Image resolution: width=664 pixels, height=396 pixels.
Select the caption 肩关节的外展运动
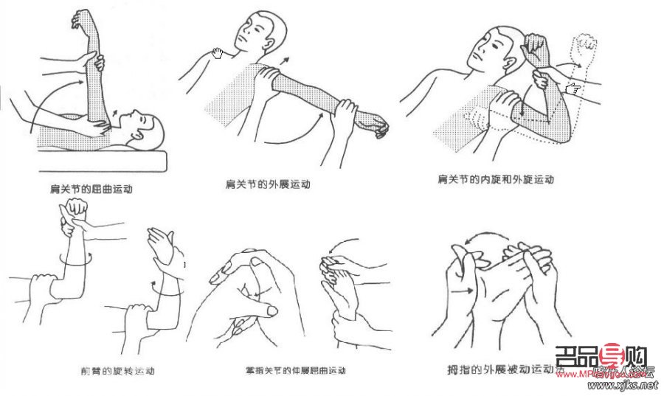pyautogui.click(x=267, y=184)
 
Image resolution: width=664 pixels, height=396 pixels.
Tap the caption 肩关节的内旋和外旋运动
pyautogui.click(x=495, y=179)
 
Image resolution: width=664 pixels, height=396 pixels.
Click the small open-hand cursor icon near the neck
pyautogui.click(x=217, y=53)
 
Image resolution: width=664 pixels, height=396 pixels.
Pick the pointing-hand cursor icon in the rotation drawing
pyautogui.click(x=573, y=89)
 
